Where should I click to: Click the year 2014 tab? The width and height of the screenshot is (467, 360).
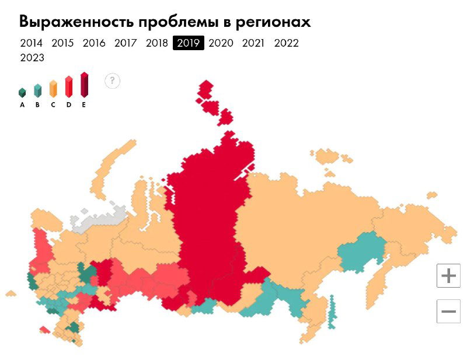(31, 43)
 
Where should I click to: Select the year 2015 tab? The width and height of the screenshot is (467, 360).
(62, 43)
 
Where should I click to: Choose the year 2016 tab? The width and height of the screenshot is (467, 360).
(94, 43)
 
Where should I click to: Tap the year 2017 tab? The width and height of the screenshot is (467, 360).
(126, 43)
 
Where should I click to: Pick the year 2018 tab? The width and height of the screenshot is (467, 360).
(157, 43)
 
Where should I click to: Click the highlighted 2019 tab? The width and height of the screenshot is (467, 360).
(189, 43)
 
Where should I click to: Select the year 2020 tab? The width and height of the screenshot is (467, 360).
(221, 43)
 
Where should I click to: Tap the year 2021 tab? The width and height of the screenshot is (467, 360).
(253, 43)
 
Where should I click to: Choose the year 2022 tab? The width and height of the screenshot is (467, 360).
(286, 43)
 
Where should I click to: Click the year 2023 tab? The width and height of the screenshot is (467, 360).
(32, 58)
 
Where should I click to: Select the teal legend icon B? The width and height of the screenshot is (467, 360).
(37, 90)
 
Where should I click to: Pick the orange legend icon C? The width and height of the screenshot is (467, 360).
(53, 89)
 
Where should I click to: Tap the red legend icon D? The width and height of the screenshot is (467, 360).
(68, 86)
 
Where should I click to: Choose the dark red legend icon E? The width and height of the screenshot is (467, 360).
(84, 85)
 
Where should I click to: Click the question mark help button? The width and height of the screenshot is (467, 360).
(112, 81)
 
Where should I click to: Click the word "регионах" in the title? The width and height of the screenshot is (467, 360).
(273, 22)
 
